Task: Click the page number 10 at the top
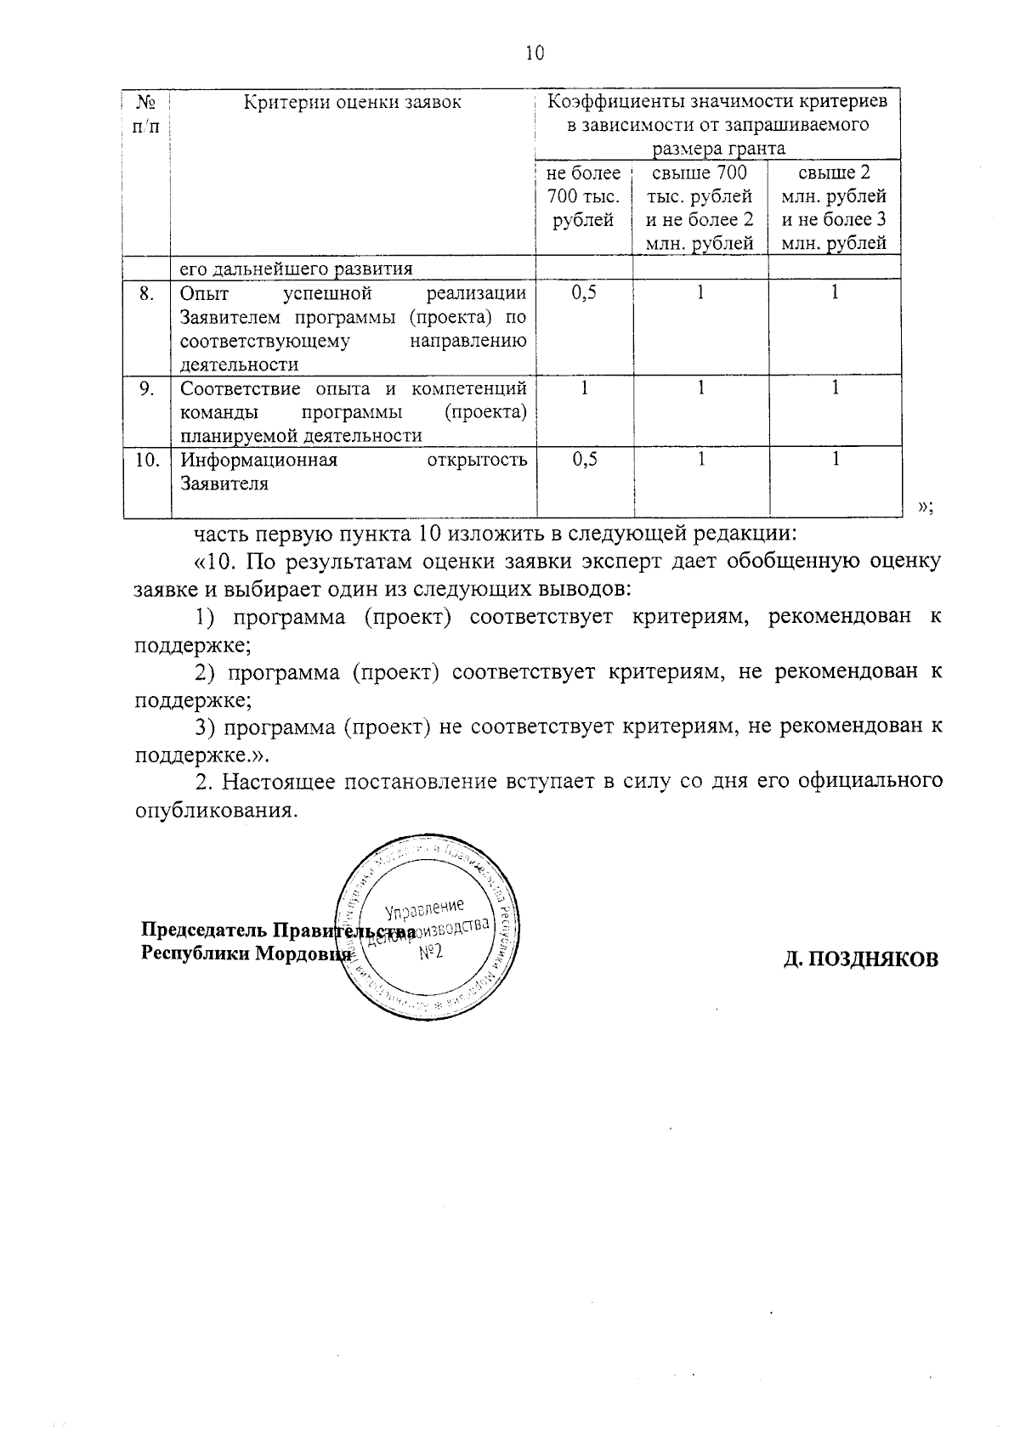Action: point(534,53)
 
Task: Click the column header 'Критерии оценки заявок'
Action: point(353,103)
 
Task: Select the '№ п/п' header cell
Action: point(146,114)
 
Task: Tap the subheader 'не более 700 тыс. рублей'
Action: point(583,197)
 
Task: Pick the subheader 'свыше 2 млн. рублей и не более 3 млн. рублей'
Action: point(834,208)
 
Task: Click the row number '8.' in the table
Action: point(147,293)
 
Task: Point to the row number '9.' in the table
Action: point(147,388)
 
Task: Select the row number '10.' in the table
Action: point(148,460)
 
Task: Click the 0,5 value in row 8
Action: point(584,293)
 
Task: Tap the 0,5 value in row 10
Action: point(584,460)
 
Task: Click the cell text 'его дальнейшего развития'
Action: point(296,269)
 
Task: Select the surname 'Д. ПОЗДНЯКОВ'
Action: point(861,959)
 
